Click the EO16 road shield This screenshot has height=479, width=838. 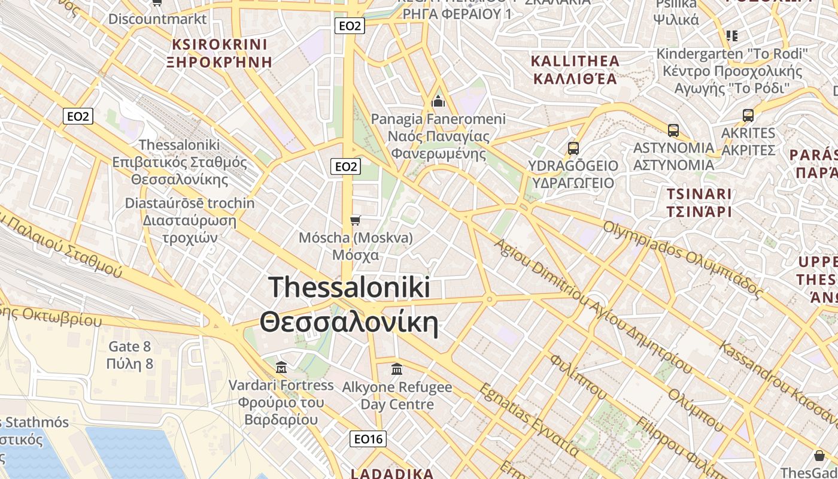pyautogui.click(x=368, y=439)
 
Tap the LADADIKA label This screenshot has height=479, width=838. pyautogui.click(x=391, y=474)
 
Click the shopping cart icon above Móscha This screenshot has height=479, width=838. pyautogui.click(x=356, y=221)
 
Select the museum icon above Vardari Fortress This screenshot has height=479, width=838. pyautogui.click(x=281, y=366)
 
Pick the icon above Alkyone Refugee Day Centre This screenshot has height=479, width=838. pyautogui.click(x=397, y=369)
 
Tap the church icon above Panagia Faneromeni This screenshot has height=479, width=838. pyautogui.click(x=438, y=101)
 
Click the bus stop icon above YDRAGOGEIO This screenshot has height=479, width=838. pyautogui.click(x=573, y=148)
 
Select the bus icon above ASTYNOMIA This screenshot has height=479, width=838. pyautogui.click(x=673, y=130)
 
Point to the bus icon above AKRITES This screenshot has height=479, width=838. pyautogui.click(x=748, y=115)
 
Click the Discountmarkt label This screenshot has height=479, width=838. pyautogui.click(x=157, y=19)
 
